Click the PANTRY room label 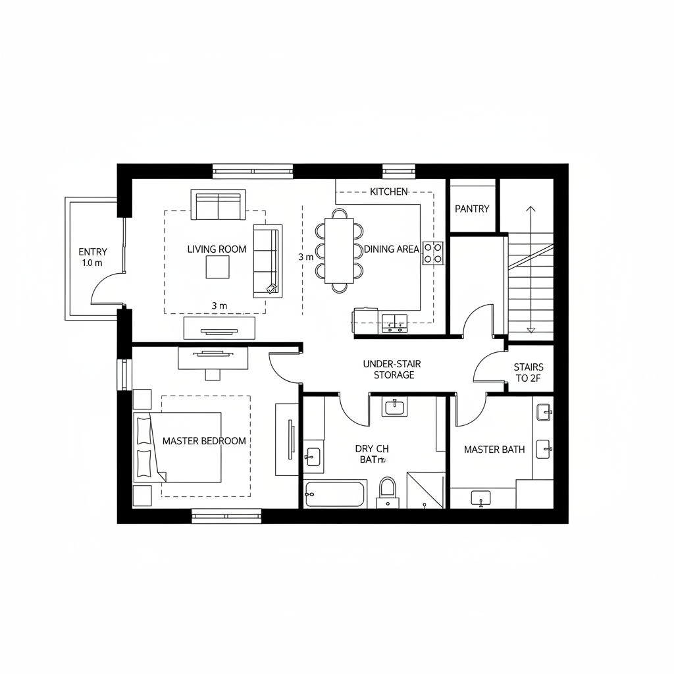(x=472, y=209)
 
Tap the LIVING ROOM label (x=217, y=249)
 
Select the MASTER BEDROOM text (x=204, y=441)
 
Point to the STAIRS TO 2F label (x=529, y=373)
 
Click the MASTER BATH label (x=494, y=450)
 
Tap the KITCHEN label (x=388, y=192)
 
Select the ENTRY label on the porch (x=92, y=251)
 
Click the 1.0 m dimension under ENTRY (x=92, y=263)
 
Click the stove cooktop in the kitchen (x=432, y=253)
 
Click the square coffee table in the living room (x=217, y=267)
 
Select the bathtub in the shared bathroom (x=334, y=494)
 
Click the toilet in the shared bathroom (x=388, y=491)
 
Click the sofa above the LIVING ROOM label (x=217, y=205)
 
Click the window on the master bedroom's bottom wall (x=226, y=515)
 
